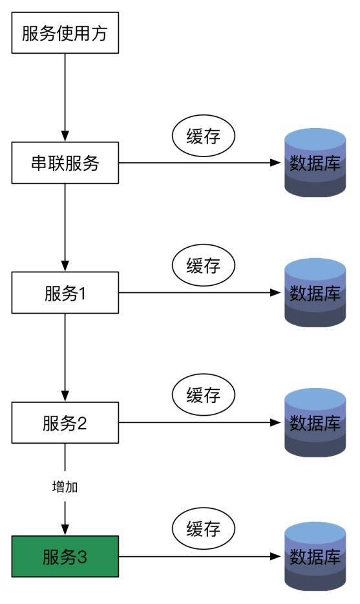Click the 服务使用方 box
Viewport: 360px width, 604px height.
coord(65,33)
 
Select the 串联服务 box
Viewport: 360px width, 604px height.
coord(65,162)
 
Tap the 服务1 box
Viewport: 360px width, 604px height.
coord(65,292)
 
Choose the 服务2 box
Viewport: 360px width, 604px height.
coord(65,422)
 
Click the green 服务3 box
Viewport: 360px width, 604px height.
coord(65,556)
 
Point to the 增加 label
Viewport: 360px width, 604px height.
coord(65,487)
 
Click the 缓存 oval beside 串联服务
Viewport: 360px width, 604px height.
coord(203,136)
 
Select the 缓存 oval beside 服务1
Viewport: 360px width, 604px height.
coord(203,265)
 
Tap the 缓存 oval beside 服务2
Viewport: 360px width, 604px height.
coord(203,395)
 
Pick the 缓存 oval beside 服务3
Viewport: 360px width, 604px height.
coord(203,528)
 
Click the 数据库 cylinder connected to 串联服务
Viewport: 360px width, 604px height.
coord(315,162)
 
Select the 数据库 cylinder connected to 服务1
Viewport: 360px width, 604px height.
coord(315,292)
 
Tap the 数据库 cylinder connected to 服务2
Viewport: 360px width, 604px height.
coord(315,422)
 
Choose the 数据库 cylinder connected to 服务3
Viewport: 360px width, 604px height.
coord(315,556)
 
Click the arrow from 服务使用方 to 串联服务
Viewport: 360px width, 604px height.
coord(65,98)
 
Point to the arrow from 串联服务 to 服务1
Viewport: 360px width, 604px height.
coord(65,228)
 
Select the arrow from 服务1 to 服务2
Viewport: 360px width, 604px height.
coord(65,358)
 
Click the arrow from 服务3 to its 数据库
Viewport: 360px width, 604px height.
coord(200,556)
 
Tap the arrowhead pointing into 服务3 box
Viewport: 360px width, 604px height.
coord(65,530)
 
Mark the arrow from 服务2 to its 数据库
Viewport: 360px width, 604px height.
coord(200,422)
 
